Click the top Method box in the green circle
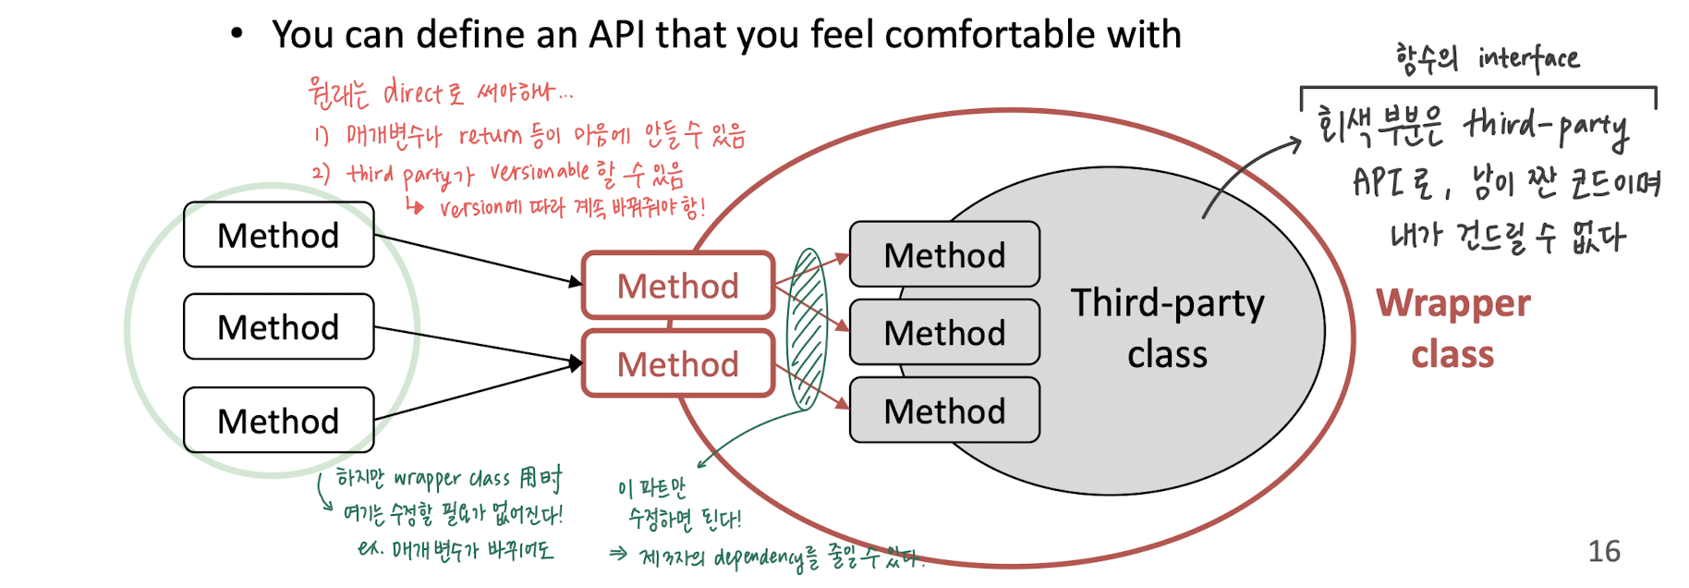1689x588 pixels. point(278,235)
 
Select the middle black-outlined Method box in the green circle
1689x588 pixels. point(278,326)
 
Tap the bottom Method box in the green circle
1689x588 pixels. point(278,421)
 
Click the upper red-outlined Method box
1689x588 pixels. point(677,286)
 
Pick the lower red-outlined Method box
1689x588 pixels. point(677,364)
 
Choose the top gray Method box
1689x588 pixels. point(943,254)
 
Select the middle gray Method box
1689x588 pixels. point(943,332)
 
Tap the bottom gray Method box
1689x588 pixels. point(943,410)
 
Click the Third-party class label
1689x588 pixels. point(1167,328)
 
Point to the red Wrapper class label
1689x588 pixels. point(1452,328)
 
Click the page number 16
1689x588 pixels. point(1604,551)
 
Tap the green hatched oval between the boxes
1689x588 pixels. point(806,329)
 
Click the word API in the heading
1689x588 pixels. point(617,35)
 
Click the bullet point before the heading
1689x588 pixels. point(237,34)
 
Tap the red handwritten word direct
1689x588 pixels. point(412,92)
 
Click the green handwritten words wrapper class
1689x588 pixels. point(452,479)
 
